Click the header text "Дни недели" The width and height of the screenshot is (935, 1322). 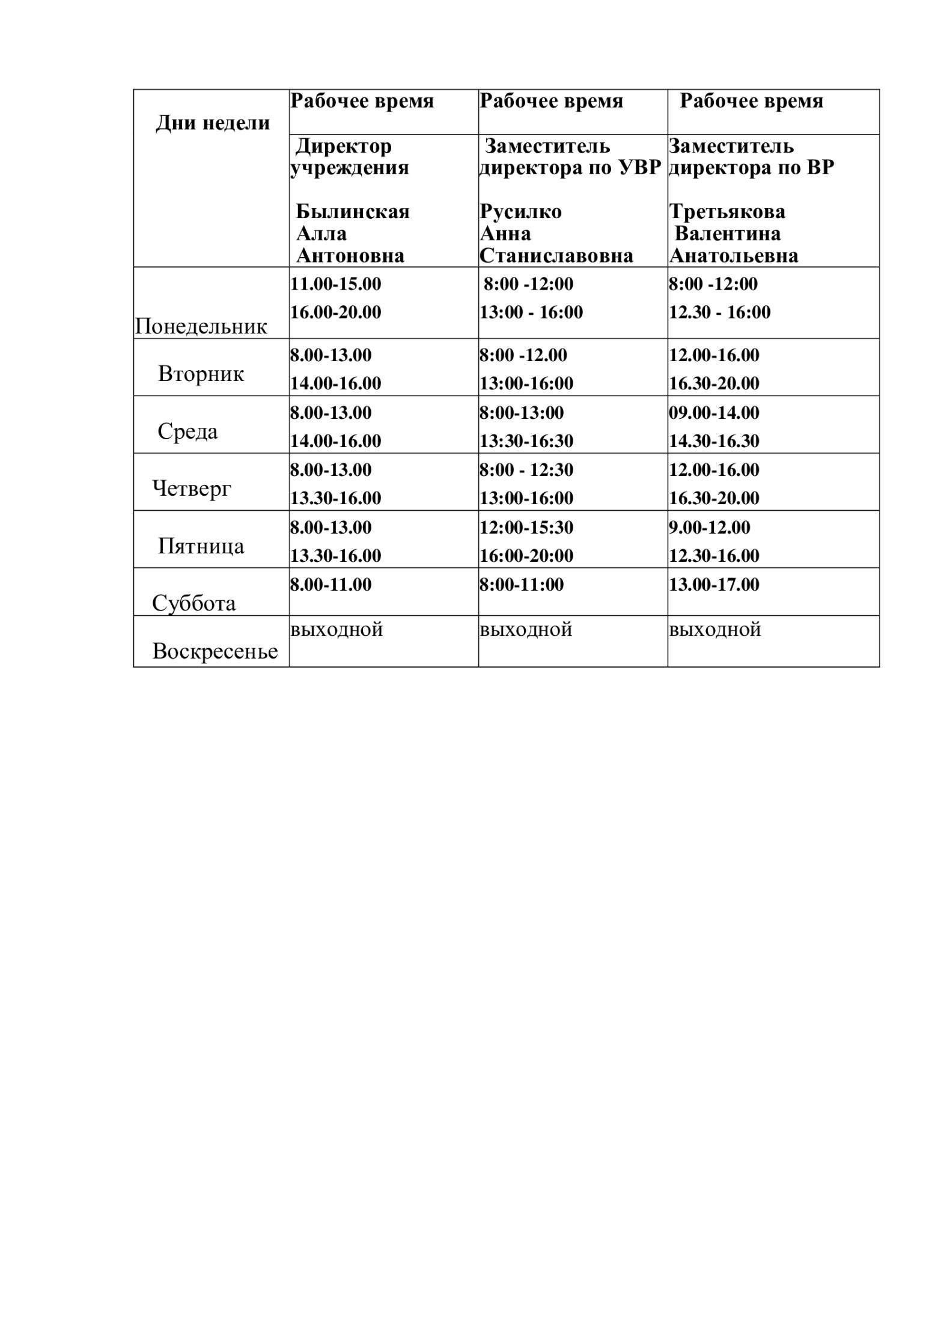pos(213,123)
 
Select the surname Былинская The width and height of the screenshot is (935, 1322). pos(353,212)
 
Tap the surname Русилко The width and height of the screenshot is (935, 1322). pos(520,212)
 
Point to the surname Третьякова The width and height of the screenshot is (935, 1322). pos(726,212)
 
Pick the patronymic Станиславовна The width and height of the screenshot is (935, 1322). pos(556,256)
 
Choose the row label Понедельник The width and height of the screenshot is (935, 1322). pos(201,326)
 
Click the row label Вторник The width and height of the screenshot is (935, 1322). pos(201,374)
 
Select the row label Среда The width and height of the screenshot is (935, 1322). pos(187,431)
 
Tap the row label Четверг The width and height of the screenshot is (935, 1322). pos(192,488)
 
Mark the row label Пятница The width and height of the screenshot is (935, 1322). pos(201,546)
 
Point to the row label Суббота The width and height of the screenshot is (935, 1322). pos(193,603)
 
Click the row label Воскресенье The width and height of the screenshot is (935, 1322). pos(215,651)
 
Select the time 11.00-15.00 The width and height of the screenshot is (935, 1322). pos(335,284)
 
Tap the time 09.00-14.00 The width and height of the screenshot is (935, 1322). pos(714,413)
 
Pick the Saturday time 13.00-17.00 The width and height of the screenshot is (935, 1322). pos(714,585)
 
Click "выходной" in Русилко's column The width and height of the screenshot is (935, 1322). pos(526,630)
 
